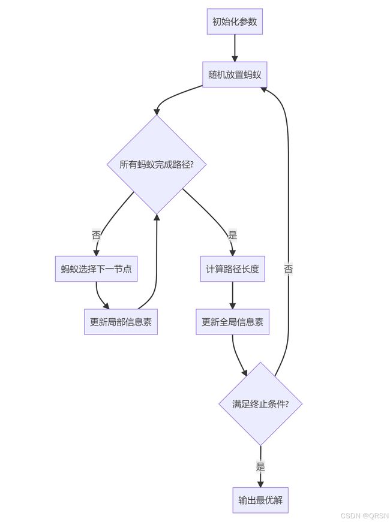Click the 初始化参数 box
[235, 22]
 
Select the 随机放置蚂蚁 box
[235, 74]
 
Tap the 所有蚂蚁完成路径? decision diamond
[157, 164]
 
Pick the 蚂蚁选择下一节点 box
[96, 268]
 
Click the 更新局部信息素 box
[121, 322]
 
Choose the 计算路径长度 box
[232, 268]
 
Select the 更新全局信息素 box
[232, 322]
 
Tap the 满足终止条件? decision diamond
[260, 404]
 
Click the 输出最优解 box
[260, 500]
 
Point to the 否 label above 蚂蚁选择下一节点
[96, 236]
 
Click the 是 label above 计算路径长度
[232, 236]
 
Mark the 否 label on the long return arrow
[289, 268]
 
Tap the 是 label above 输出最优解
[260, 466]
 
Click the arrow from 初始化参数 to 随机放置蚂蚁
[235, 48]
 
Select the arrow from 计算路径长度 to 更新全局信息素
[232, 295]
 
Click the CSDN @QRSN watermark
[365, 515]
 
